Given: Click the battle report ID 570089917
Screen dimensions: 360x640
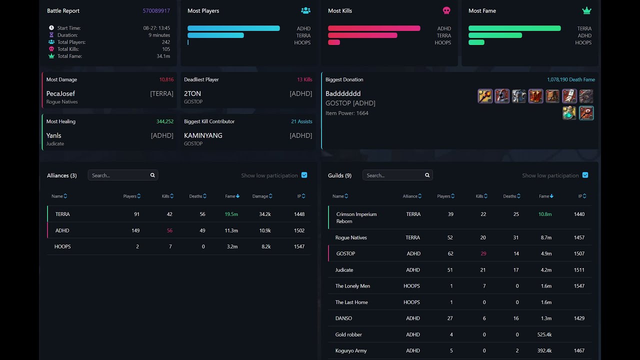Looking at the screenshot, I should [x=156, y=10].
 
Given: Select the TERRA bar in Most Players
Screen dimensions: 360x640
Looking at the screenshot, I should [x=215, y=35].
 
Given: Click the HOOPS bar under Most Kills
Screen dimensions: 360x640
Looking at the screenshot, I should [x=334, y=42].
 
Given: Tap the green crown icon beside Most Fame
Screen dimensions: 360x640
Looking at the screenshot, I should [x=586, y=10].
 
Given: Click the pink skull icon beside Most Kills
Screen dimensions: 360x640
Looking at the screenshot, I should [x=446, y=10].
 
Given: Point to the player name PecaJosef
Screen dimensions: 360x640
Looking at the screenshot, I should [x=60, y=93].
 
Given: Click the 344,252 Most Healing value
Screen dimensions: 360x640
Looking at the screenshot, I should [x=164, y=121].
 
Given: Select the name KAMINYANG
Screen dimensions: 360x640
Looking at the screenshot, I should [x=203, y=135].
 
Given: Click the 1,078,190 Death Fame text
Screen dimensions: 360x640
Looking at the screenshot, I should [x=570, y=79].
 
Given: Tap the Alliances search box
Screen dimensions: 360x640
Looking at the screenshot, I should [x=119, y=175].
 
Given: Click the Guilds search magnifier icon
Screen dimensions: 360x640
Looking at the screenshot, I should [x=427, y=175].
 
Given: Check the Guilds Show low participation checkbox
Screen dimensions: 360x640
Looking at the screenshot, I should [x=585, y=175].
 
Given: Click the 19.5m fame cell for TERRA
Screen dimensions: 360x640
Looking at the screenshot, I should [x=231, y=214].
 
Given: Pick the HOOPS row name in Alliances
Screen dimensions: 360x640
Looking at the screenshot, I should [x=62, y=246].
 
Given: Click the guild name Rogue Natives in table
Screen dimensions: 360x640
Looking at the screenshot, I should [x=351, y=237].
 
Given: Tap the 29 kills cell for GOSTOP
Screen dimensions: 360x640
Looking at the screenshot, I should [x=483, y=253].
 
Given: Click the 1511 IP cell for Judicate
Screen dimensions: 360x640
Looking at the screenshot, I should [x=579, y=270].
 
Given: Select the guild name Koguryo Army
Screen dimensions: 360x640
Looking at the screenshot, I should [x=351, y=350].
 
